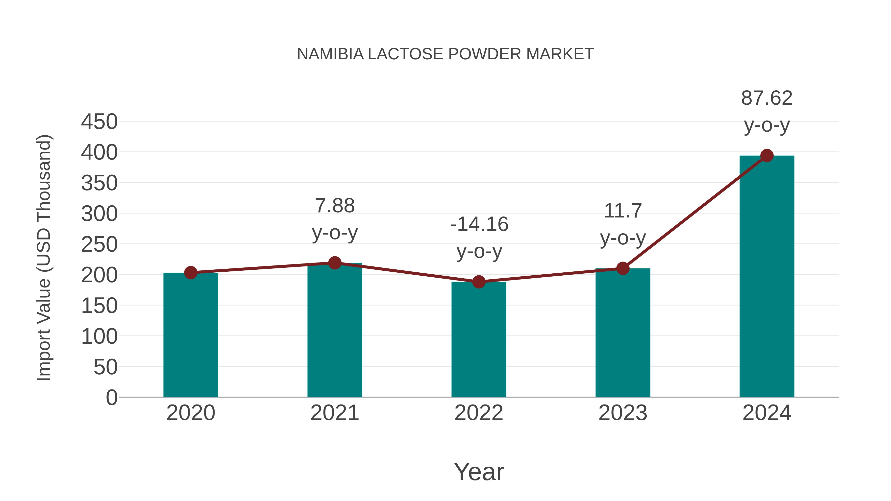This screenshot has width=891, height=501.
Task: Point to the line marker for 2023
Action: pyautogui.click(x=623, y=268)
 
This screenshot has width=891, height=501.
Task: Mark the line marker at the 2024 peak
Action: pyautogui.click(x=767, y=156)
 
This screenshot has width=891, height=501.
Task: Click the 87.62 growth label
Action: pyautogui.click(x=767, y=98)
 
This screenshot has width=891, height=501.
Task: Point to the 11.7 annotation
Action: pyautogui.click(x=623, y=211)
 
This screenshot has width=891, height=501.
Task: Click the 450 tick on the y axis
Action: pyautogui.click(x=99, y=122)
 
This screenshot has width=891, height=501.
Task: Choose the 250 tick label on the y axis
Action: pyautogui.click(x=99, y=244)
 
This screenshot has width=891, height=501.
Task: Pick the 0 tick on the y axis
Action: pyautogui.click(x=111, y=397)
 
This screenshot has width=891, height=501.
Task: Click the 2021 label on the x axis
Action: pyautogui.click(x=334, y=413)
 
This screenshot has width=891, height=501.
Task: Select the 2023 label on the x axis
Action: pyautogui.click(x=623, y=413)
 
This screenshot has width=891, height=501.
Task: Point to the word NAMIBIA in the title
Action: pyautogui.click(x=330, y=54)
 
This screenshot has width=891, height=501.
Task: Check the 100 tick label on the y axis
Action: pyautogui.click(x=99, y=336)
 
